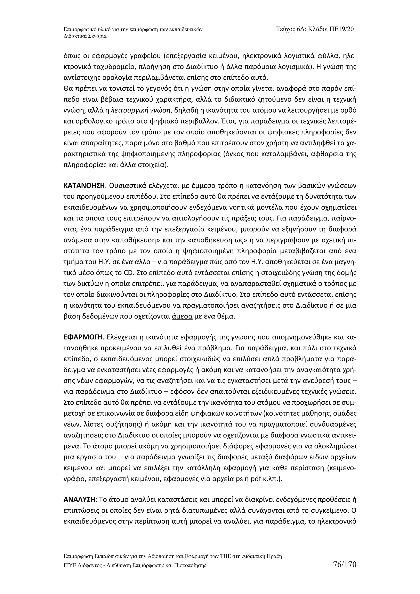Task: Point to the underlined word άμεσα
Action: (x=182, y=316)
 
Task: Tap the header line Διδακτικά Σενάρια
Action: (x=85, y=36)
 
